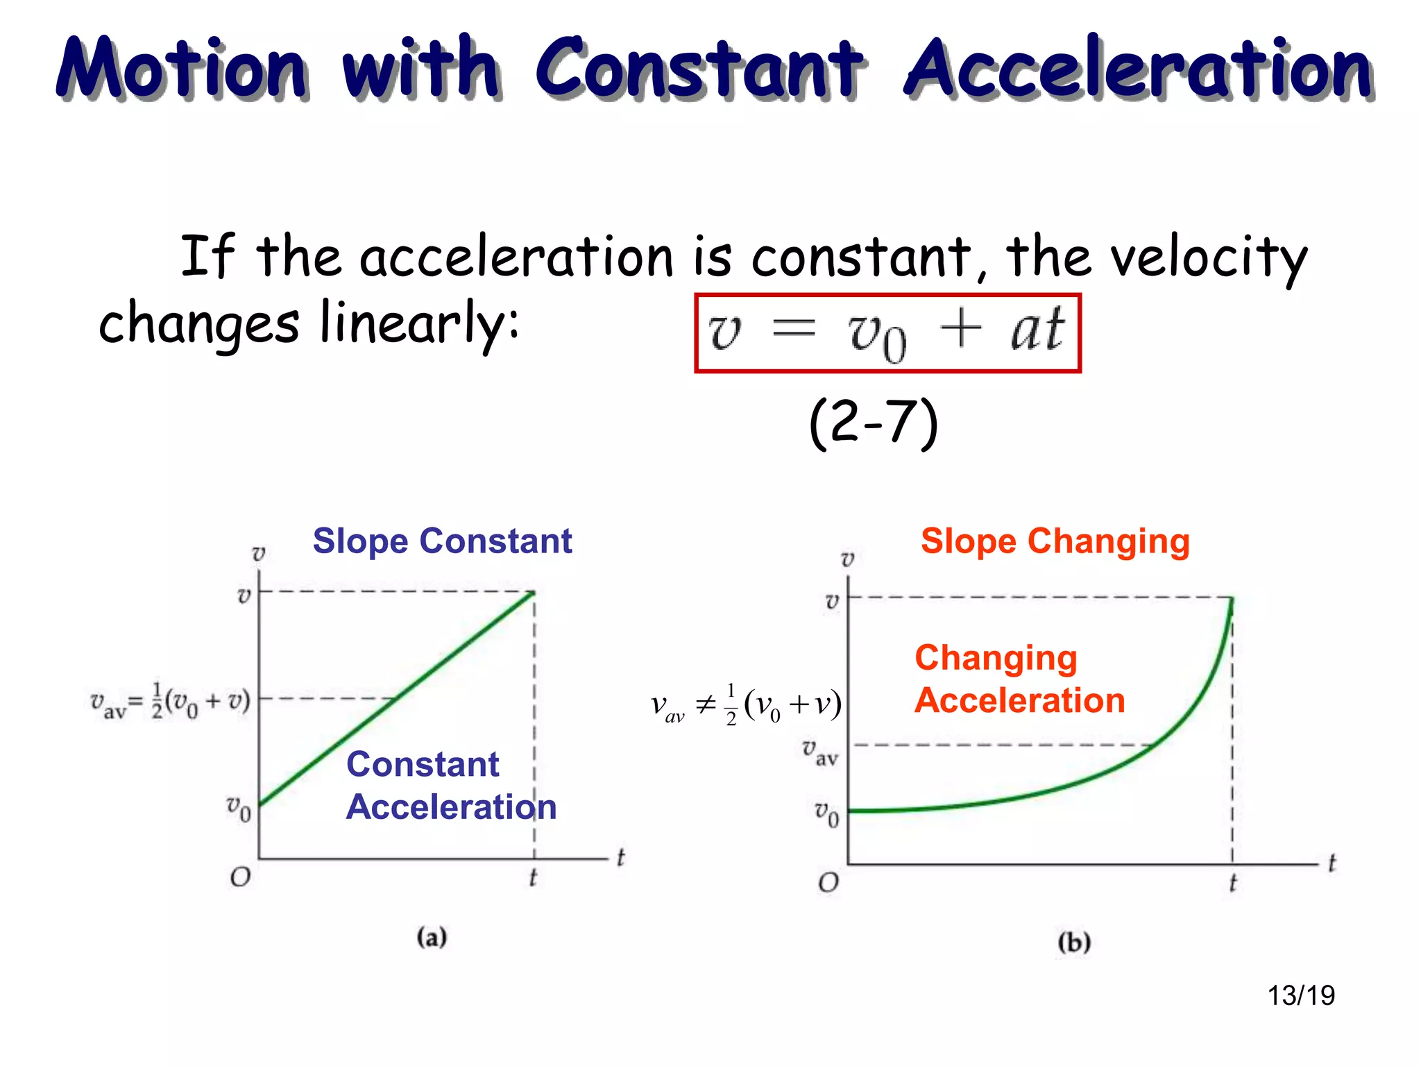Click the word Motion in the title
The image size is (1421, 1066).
pos(182,68)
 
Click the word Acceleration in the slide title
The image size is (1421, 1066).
pos(1138,68)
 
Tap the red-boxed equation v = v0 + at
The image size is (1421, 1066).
pos(887,333)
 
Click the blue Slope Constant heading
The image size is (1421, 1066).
pos(442,541)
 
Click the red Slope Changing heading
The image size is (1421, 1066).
pos(1055,541)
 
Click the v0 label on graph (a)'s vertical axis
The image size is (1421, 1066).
pos(239,807)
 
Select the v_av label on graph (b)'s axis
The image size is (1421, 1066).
pos(820,752)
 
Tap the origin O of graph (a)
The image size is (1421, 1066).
pos(240,877)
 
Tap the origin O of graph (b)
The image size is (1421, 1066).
pos(828,883)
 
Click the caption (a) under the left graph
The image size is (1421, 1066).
pos(432,937)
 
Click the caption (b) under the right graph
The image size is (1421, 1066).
pos(1074,942)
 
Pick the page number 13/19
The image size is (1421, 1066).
pos(1301,995)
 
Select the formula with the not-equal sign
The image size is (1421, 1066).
pos(746,705)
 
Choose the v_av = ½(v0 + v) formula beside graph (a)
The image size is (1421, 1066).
pos(170,701)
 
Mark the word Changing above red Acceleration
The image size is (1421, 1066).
pos(996,657)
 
